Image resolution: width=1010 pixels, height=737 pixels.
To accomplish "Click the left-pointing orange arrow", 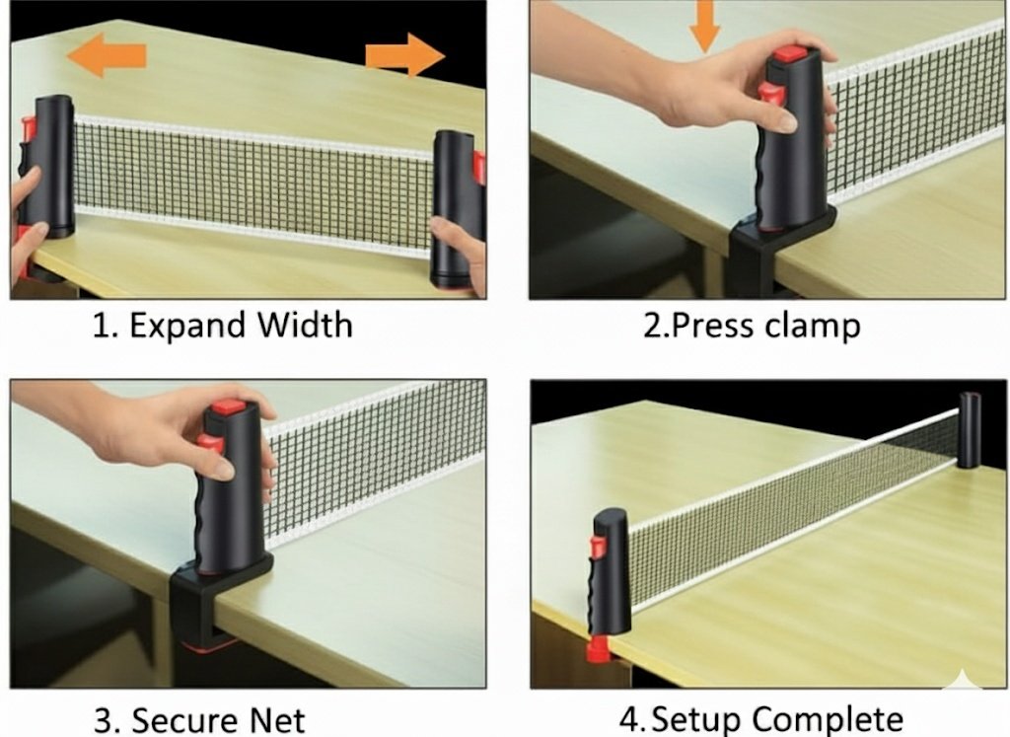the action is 107,55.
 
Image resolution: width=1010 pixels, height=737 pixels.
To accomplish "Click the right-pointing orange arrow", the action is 405,55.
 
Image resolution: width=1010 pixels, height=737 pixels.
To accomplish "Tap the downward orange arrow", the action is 704,26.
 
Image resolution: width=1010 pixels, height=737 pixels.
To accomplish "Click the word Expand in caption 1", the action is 187,326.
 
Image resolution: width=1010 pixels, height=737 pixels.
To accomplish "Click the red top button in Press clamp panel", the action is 790,54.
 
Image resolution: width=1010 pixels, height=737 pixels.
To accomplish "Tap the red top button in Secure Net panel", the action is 229,407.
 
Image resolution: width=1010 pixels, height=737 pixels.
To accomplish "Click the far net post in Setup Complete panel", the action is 970,430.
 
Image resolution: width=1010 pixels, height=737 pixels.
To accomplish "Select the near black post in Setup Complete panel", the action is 609,571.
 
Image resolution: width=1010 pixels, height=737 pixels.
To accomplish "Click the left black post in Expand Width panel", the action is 50,166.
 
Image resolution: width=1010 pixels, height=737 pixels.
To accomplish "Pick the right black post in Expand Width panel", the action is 454,208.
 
